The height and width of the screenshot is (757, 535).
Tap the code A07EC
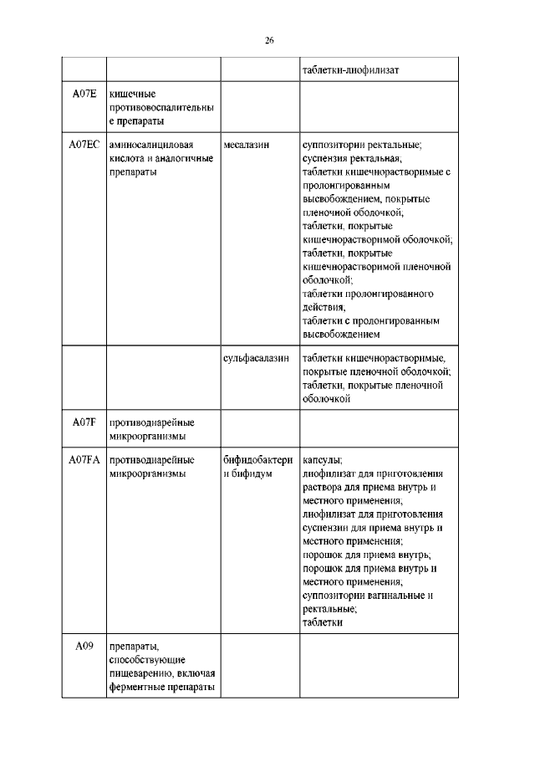(x=84, y=144)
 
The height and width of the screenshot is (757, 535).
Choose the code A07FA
(x=84, y=459)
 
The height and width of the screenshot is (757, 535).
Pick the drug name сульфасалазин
(x=256, y=357)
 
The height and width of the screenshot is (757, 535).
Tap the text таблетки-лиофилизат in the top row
(x=350, y=69)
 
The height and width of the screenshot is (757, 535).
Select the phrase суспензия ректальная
(x=352, y=158)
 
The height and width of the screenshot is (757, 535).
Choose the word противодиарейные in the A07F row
(x=151, y=422)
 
